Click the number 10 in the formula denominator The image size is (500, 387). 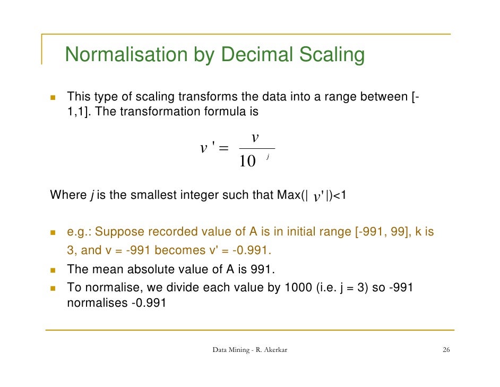click(247, 161)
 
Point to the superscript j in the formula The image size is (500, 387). click(268, 156)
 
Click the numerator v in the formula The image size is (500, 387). click(255, 138)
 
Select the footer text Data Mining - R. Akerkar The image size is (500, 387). click(249, 350)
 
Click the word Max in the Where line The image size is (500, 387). click(287, 195)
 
